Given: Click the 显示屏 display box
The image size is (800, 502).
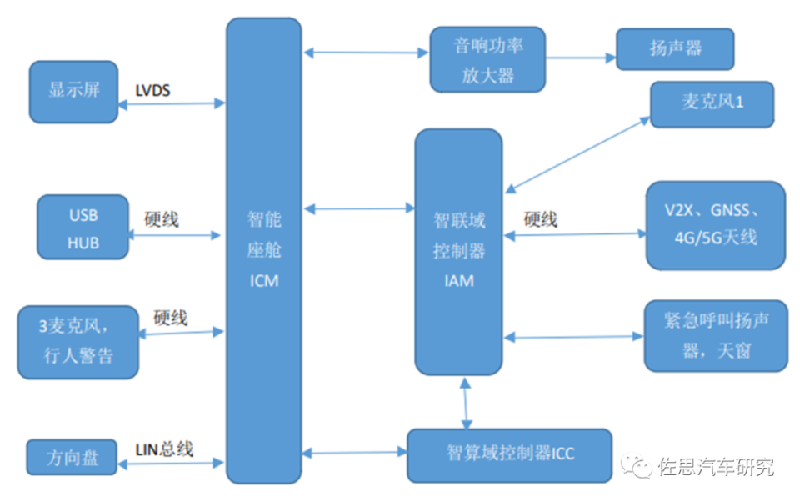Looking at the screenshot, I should [72, 91].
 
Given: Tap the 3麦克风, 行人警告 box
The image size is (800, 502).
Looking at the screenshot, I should [78, 342].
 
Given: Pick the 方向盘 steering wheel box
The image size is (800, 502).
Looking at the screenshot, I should [71, 458].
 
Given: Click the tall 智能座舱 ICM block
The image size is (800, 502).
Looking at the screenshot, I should [263, 250].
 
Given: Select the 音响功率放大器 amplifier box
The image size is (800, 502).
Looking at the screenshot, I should [487, 59].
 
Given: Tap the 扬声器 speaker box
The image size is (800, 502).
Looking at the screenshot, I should [675, 48].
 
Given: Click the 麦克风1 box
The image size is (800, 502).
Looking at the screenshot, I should [712, 104].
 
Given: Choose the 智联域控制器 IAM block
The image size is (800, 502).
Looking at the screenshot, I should [458, 250].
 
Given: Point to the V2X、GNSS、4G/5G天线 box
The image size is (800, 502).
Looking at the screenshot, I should [716, 225].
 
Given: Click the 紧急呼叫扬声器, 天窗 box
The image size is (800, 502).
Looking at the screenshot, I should [716, 336].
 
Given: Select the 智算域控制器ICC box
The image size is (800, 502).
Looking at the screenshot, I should [509, 454].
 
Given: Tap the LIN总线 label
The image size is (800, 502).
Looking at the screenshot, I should [164, 449].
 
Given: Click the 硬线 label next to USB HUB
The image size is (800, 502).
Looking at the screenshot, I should [162, 221].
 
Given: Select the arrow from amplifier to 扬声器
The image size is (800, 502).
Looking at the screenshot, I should [580, 58].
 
